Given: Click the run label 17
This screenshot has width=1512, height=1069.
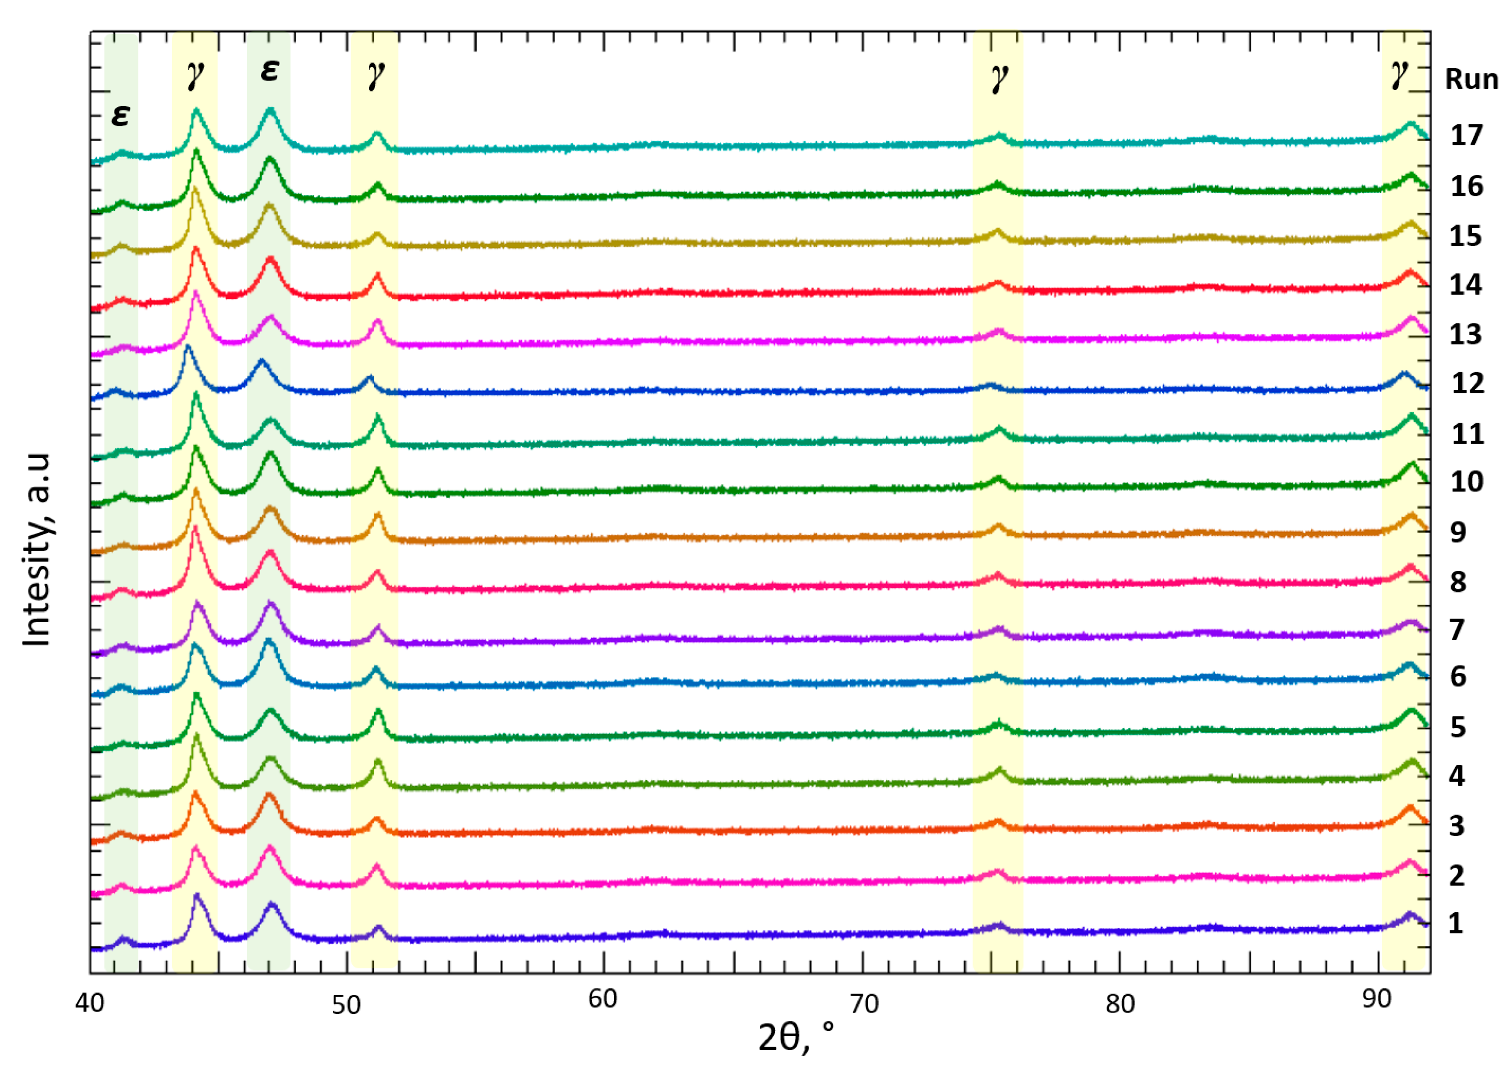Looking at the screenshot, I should pos(1466,136).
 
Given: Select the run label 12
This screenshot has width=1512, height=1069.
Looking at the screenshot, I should pos(1468,384).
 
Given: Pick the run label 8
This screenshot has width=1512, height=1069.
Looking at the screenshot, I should pos(1458,582).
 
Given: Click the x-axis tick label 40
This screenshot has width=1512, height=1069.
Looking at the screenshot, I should pos(90,1003).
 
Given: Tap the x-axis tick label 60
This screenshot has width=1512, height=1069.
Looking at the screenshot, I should pos(602,999).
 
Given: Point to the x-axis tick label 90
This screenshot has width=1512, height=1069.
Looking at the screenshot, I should pos(1376,999).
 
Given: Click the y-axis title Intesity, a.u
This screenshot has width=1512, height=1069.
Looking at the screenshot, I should pos(37,549).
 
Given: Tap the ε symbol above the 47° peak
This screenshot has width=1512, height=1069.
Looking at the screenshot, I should pos(270,70).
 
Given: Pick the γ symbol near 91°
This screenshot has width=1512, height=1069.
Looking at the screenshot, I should pos(1400,76).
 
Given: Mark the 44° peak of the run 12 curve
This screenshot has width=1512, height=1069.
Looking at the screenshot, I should pos(188,347).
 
